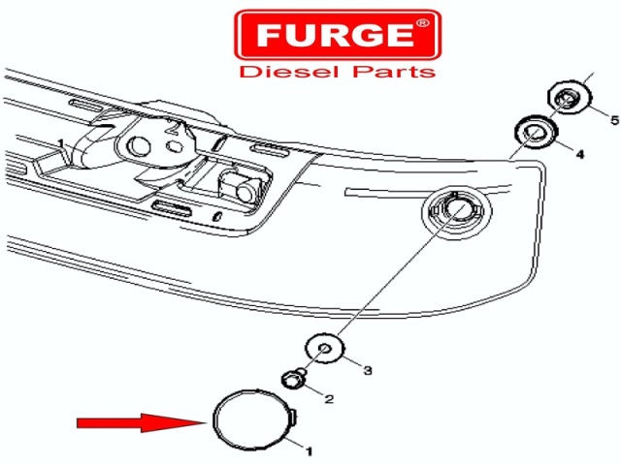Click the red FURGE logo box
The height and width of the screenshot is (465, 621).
[x=338, y=35]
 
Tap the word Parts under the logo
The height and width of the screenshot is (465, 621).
[x=394, y=72]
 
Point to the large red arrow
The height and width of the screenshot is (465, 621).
[x=141, y=422]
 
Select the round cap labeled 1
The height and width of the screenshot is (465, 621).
[x=214, y=420]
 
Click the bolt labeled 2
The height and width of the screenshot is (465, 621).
[x=293, y=379]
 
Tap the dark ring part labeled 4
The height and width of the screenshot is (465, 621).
[x=537, y=133]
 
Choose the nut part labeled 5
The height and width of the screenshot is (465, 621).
[x=570, y=97]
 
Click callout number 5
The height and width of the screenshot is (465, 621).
[x=614, y=120]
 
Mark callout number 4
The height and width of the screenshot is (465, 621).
[x=580, y=154]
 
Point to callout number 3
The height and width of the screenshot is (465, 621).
[x=368, y=370]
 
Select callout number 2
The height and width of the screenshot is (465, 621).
[x=329, y=399]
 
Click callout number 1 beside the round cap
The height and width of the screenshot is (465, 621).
[x=310, y=451]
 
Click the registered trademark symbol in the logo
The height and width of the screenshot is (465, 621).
[x=422, y=23]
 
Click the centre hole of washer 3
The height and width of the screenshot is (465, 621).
[x=325, y=348]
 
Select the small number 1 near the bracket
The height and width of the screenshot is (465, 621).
[x=60, y=143]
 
